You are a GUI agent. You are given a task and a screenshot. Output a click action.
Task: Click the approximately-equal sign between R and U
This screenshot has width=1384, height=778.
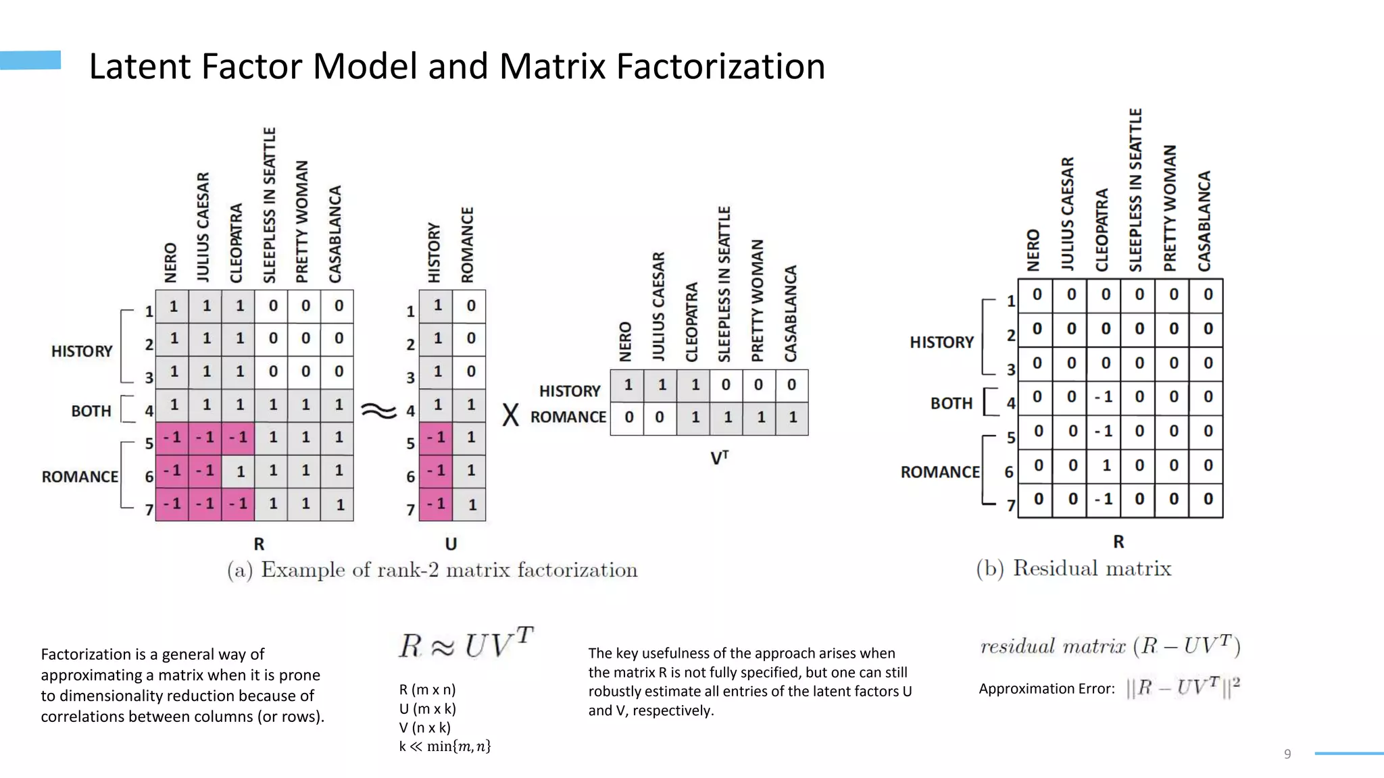tap(378, 410)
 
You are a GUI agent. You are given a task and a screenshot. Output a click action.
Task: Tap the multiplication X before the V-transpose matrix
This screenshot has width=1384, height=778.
tap(511, 415)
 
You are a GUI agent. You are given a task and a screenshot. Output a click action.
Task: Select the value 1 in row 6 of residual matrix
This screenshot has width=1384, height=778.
tap(1106, 465)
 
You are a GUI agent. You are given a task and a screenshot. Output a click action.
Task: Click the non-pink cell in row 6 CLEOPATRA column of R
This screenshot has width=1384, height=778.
tap(239, 471)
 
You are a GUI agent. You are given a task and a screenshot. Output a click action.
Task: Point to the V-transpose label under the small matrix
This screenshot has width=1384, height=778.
tap(719, 458)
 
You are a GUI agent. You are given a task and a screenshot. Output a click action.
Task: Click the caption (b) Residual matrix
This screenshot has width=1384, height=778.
tap(1073, 568)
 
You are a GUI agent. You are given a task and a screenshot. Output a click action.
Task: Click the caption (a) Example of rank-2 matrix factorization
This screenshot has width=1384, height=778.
tap(432, 570)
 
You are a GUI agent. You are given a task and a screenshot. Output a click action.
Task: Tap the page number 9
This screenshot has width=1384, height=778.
tap(1287, 754)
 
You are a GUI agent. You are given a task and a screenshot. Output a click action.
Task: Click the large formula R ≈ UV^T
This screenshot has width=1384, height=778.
tap(466, 643)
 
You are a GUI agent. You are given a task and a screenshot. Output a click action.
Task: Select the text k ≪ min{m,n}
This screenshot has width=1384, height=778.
tap(445, 746)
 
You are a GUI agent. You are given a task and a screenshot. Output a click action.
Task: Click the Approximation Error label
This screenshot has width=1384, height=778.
tap(1046, 689)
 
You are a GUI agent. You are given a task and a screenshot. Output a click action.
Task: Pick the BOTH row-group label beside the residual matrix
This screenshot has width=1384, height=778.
tap(951, 403)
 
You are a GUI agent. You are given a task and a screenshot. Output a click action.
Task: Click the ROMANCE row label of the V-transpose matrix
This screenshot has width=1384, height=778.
tap(568, 417)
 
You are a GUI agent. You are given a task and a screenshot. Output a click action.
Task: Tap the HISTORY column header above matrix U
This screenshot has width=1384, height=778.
tap(434, 253)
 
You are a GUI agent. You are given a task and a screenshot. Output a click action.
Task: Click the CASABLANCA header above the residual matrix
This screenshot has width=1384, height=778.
tap(1204, 221)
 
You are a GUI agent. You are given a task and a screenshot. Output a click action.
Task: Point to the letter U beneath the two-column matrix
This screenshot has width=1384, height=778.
tap(451, 544)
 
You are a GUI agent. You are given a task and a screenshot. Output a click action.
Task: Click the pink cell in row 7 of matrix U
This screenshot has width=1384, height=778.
tap(436, 504)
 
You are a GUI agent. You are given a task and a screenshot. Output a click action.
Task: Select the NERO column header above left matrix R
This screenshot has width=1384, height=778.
tap(170, 262)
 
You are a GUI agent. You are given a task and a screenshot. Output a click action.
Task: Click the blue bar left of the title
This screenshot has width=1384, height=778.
tap(30, 60)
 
